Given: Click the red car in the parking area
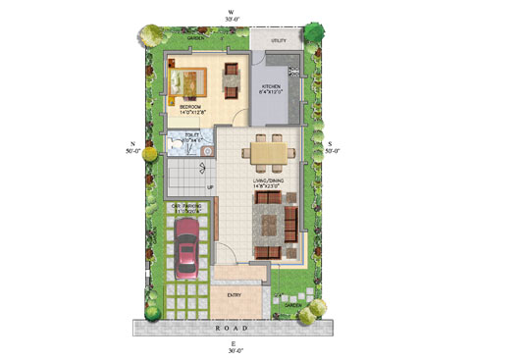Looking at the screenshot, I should point(186,254).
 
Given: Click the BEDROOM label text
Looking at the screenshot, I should point(189,106).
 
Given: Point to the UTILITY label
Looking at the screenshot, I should point(279,39).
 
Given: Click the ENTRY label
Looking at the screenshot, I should point(235,294).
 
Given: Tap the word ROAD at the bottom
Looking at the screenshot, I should point(232,326).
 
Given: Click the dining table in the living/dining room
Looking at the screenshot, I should point(268,153).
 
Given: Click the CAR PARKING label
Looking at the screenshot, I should point(186,208).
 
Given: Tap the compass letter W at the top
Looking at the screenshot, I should point(231,10).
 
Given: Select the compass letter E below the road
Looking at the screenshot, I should point(232,343).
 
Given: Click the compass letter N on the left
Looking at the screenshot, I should point(131,144).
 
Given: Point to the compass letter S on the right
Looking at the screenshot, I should point(331,144).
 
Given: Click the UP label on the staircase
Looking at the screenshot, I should point(209,187).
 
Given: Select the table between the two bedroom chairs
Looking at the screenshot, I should point(232,82).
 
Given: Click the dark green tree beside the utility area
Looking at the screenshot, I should point(314,30).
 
